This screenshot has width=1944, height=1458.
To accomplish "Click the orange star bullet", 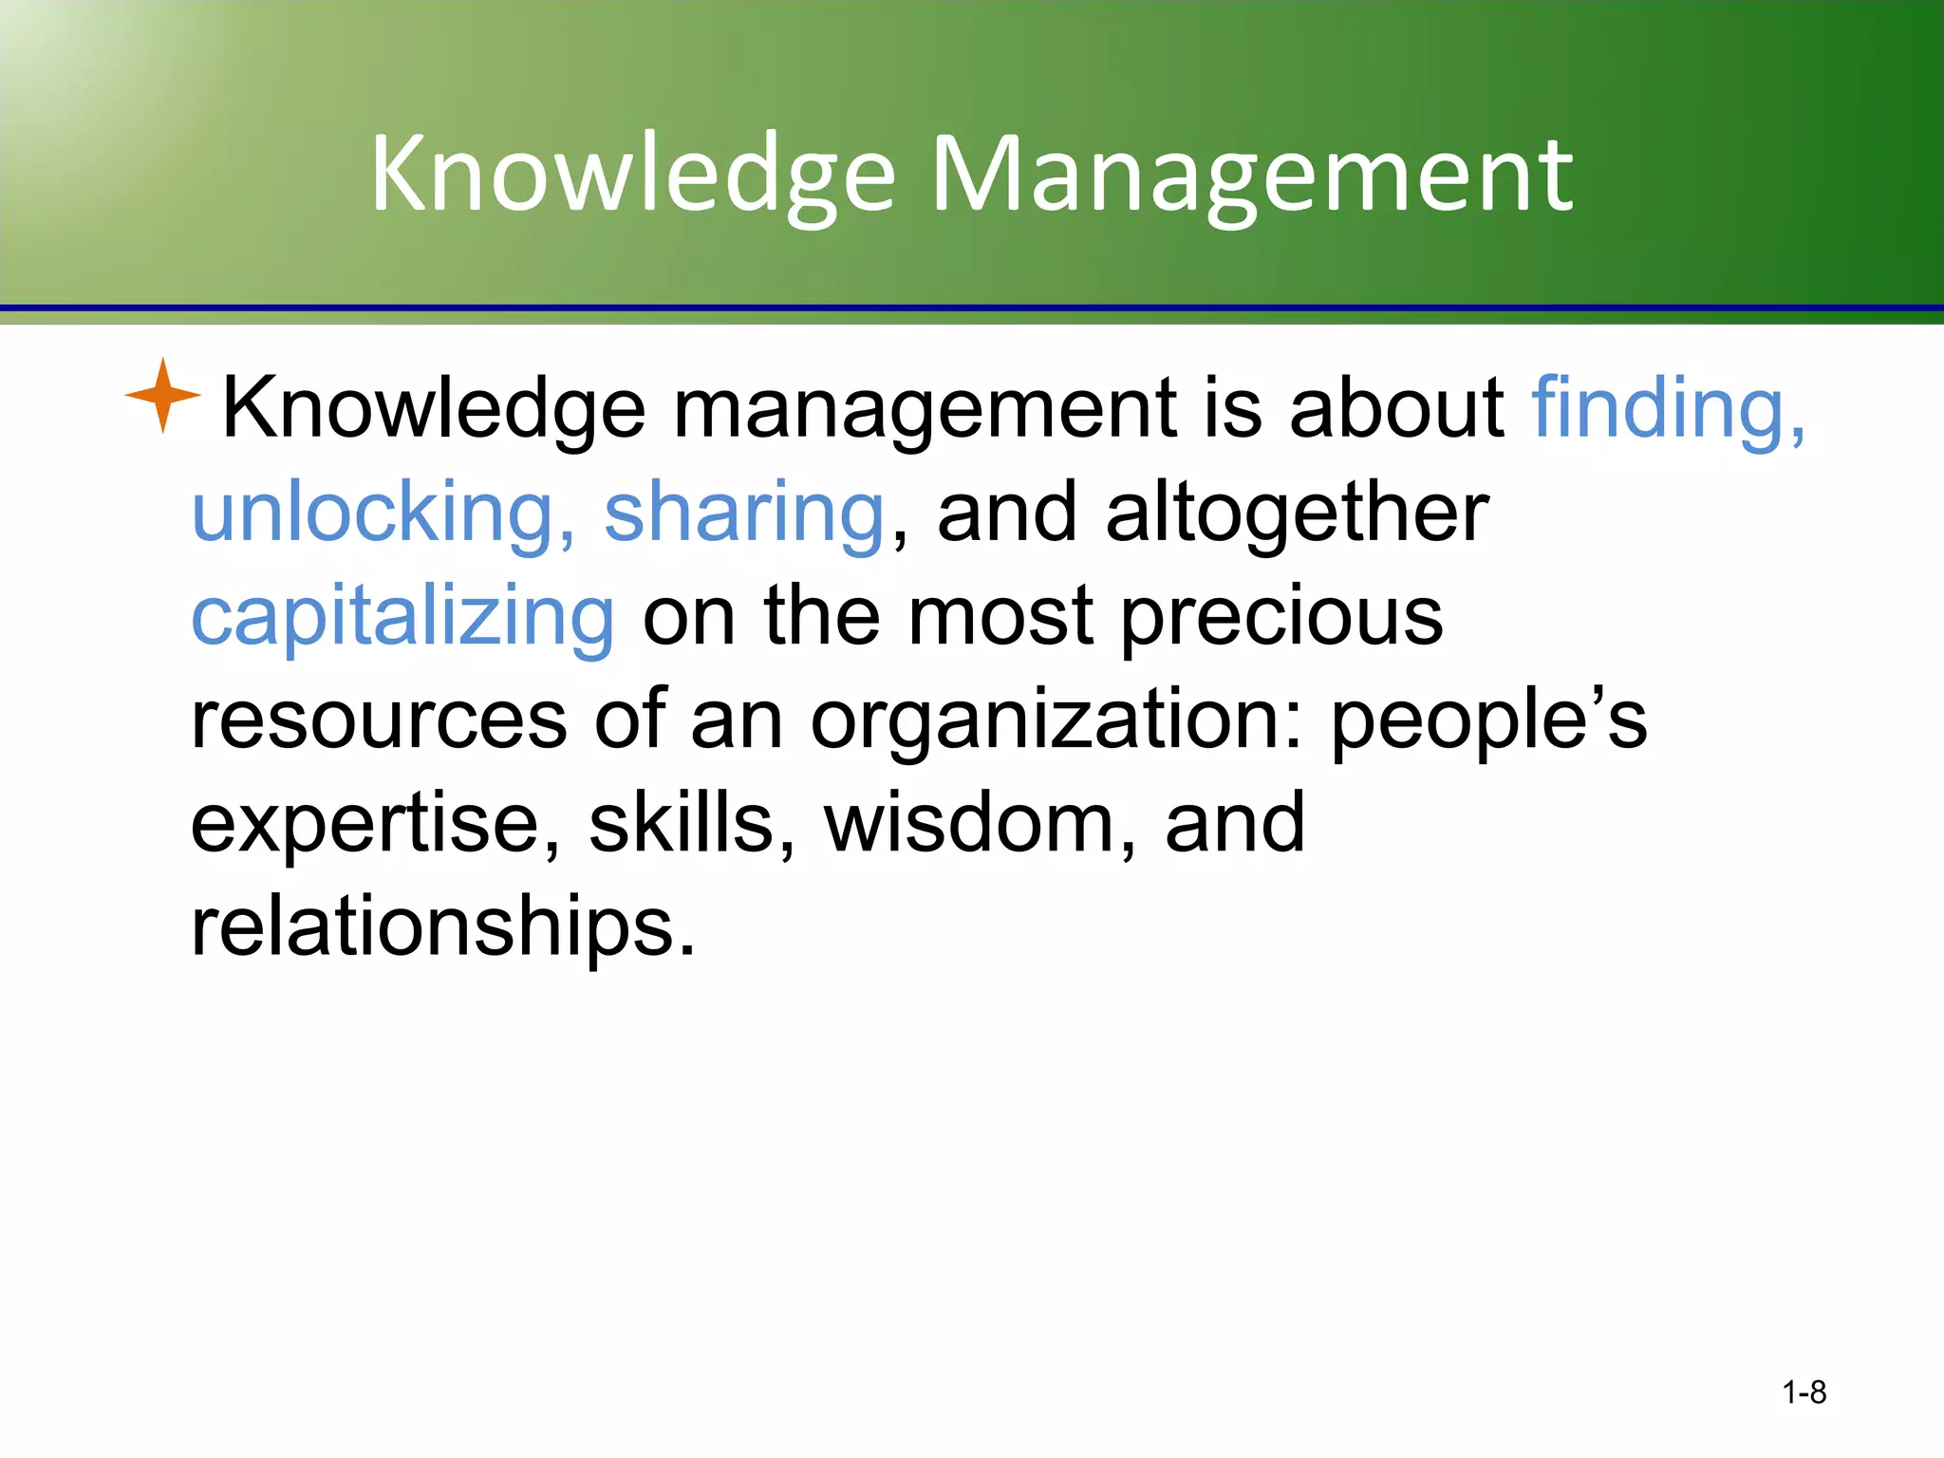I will pyautogui.click(x=162, y=395).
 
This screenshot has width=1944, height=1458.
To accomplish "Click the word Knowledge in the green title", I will pyautogui.click(x=632, y=175).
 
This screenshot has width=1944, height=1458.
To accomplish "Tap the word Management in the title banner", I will pyautogui.click(x=1252, y=175).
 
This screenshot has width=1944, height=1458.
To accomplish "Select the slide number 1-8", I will pyautogui.click(x=1804, y=1392).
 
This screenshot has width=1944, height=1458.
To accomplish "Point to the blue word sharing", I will pyautogui.click(x=744, y=513).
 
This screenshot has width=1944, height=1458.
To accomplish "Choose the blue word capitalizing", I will pyautogui.click(x=403, y=617).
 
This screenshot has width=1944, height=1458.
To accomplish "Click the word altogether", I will pyautogui.click(x=1297, y=513).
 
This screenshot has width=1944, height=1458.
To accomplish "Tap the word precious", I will pyautogui.click(x=1281, y=617).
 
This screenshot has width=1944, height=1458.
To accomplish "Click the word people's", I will pyautogui.click(x=1488, y=720).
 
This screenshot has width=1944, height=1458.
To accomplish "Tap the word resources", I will pyautogui.click(x=379, y=720).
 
